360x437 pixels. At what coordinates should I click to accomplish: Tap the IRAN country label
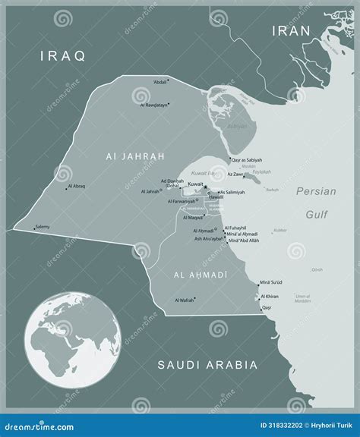[x=292, y=30]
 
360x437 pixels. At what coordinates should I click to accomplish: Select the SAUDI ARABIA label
[x=207, y=365]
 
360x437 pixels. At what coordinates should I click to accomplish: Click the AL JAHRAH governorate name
[x=131, y=156]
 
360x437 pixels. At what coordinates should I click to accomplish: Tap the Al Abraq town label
[x=78, y=186]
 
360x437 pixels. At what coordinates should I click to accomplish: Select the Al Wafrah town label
[x=185, y=301]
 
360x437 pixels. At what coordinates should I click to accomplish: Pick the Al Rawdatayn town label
[x=156, y=105]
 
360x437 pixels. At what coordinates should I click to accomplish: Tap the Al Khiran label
[x=270, y=297]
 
